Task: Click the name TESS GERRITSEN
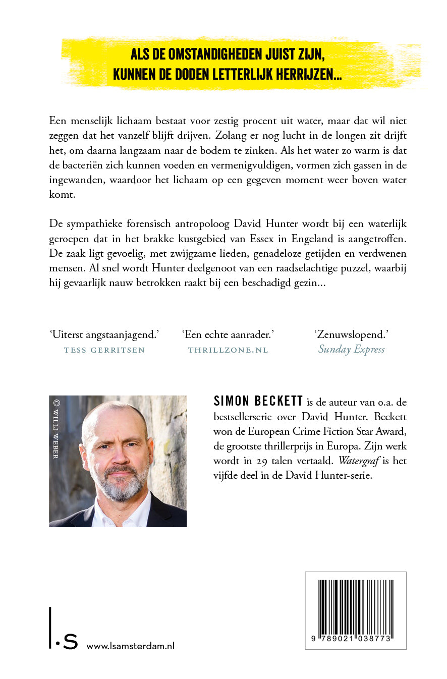(x=104, y=350)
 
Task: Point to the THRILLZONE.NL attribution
(x=228, y=350)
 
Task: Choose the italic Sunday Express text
(x=351, y=350)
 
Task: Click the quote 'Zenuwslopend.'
(x=351, y=334)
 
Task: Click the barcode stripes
(x=356, y=605)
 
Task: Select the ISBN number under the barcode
(x=356, y=639)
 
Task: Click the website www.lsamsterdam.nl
(x=131, y=646)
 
